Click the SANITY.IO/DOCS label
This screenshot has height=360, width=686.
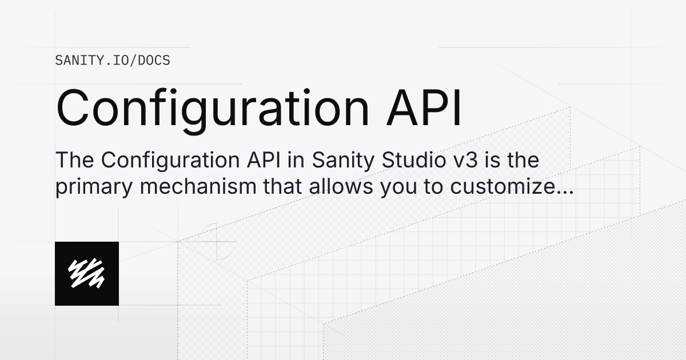point(113,60)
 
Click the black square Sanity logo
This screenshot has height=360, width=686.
point(87,274)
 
